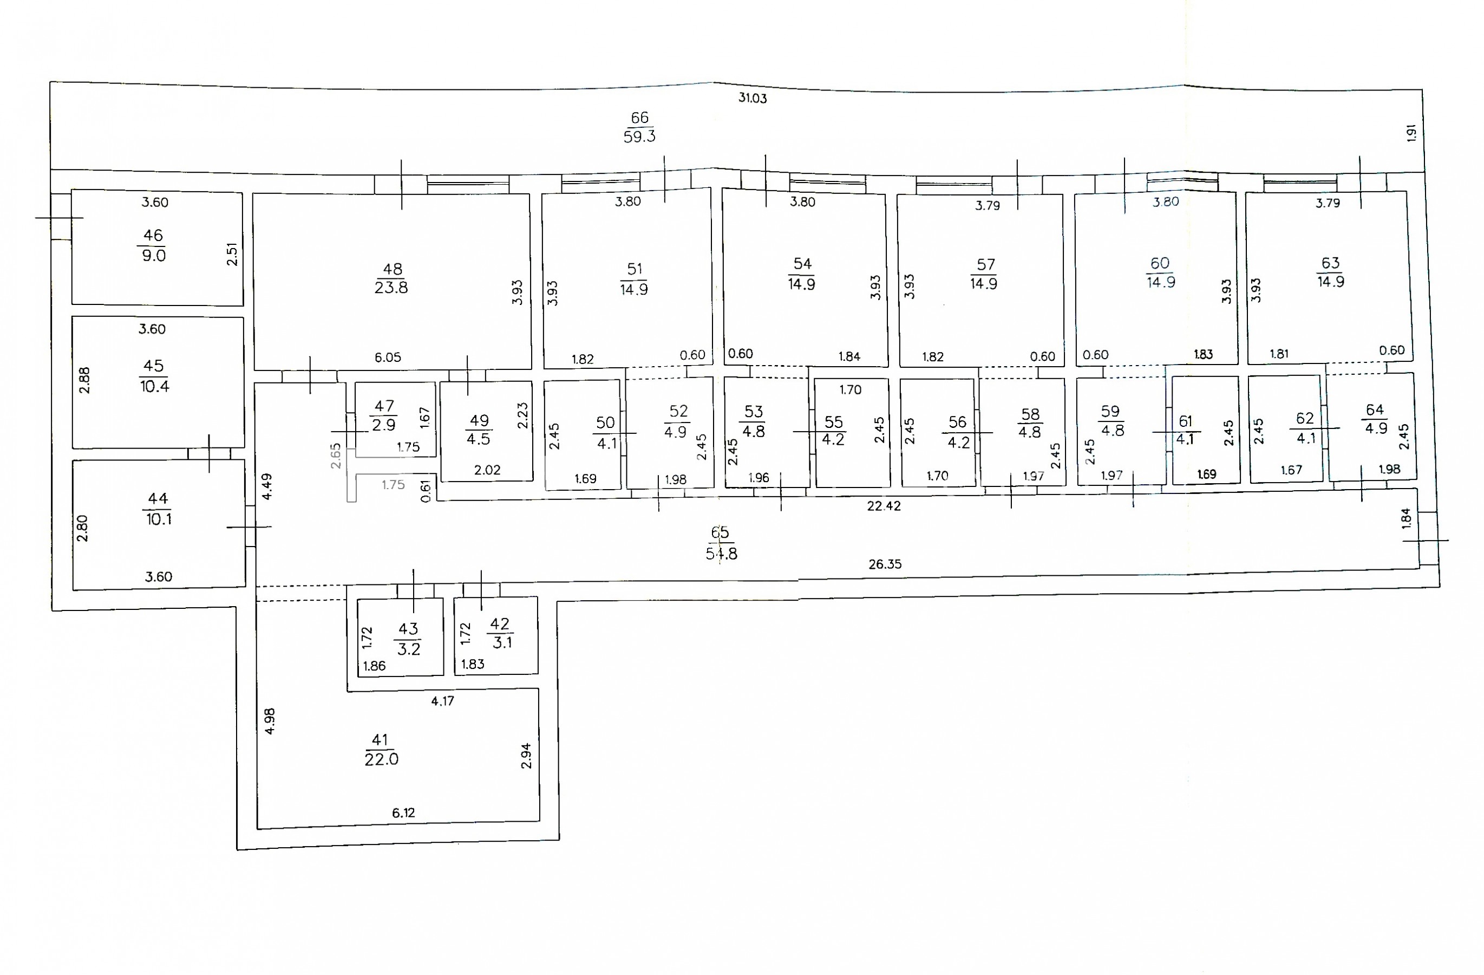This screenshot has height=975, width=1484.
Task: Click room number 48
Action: click(x=392, y=269)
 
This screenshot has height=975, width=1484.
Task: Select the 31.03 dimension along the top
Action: click(x=753, y=98)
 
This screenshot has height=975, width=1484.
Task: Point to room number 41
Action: click(x=380, y=740)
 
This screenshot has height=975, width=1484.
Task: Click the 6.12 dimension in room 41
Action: click(x=403, y=813)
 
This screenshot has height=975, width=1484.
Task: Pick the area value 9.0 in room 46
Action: click(x=153, y=255)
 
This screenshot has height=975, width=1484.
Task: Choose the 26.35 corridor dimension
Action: click(x=885, y=564)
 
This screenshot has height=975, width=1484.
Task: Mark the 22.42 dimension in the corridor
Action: click(x=884, y=506)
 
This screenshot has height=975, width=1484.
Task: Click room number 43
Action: click(x=408, y=629)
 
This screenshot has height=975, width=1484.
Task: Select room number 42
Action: click(x=499, y=624)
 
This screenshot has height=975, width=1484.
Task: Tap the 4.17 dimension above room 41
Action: click(x=443, y=701)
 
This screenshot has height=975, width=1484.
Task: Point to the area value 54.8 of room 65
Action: click(x=721, y=553)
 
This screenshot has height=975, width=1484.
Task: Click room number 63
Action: click(x=1330, y=263)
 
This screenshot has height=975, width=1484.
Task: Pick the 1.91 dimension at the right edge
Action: click(x=1411, y=133)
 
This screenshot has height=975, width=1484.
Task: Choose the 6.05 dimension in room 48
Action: click(x=388, y=357)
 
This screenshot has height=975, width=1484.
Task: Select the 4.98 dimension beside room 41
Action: click(x=270, y=721)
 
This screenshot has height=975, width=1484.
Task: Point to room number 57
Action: click(x=985, y=264)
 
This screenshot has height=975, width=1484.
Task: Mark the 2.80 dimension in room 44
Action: click(x=82, y=528)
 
